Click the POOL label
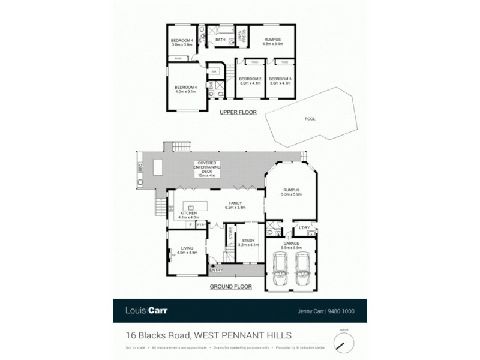pos(310,119)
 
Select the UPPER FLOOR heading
pos(238,112)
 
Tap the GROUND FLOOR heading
pos(230,287)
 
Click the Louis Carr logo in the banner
pos(146,311)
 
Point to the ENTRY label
pos(216,270)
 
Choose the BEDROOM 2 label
pos(250,79)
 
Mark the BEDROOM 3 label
pos(280,79)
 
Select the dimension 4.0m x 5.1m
pos(186,92)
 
